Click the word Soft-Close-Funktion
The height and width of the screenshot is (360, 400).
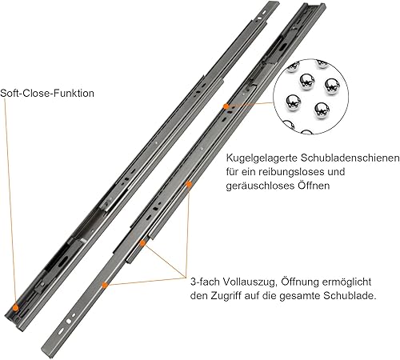click(x=47, y=94)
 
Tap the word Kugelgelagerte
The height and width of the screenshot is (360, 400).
click(x=262, y=158)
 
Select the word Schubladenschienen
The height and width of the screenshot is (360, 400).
click(x=350, y=158)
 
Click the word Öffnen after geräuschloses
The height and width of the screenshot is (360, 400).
click(x=312, y=185)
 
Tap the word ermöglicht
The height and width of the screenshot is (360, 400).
click(x=346, y=282)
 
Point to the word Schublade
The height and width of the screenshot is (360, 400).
click(x=350, y=296)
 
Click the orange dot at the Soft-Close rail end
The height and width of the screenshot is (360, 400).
click(x=16, y=307)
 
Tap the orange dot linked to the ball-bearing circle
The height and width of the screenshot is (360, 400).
click(x=226, y=106)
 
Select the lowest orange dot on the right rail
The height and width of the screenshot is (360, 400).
click(x=105, y=285)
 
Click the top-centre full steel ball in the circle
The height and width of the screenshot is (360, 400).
click(x=307, y=82)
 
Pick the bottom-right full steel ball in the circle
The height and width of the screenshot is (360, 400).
click(x=322, y=110)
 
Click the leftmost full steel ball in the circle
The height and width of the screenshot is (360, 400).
click(x=294, y=102)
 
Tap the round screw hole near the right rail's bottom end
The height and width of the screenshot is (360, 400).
click(x=69, y=322)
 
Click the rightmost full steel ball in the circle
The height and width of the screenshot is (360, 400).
click(x=332, y=86)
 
